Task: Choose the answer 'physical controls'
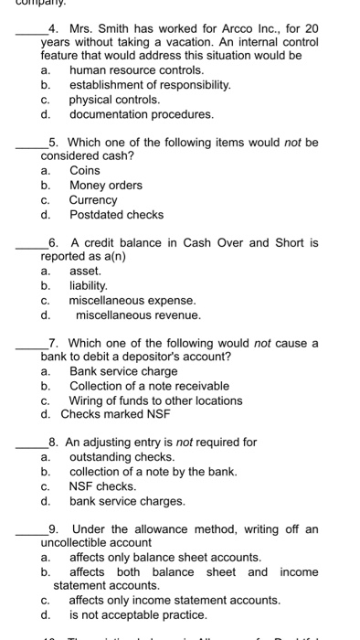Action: click(x=114, y=99)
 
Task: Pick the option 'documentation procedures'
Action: click(x=129, y=114)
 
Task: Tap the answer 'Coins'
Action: click(x=85, y=170)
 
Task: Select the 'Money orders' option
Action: click(x=106, y=185)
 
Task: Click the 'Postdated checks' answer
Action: click(x=116, y=215)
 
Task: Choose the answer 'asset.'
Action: click(x=85, y=271)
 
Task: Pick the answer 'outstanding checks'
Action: click(x=122, y=456)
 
